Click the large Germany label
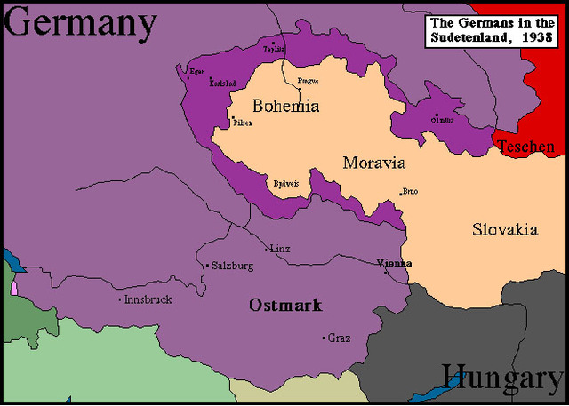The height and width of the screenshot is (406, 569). [80, 24]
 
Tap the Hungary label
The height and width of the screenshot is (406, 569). [502, 378]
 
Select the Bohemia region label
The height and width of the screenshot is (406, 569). [285, 106]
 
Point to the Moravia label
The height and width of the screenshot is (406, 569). [373, 163]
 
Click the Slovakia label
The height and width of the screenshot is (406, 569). [504, 229]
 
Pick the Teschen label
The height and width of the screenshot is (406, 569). [525, 147]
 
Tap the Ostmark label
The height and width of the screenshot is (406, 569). [285, 305]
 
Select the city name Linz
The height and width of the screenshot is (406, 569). [281, 249]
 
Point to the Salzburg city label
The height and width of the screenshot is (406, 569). [234, 266]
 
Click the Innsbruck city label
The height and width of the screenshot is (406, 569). [148, 299]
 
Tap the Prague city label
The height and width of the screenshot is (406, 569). [308, 81]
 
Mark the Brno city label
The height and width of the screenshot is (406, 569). [410, 191]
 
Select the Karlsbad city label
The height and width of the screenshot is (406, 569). [223, 83]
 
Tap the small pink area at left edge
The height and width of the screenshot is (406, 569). [14, 288]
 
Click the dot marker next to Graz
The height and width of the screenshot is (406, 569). [324, 338]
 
